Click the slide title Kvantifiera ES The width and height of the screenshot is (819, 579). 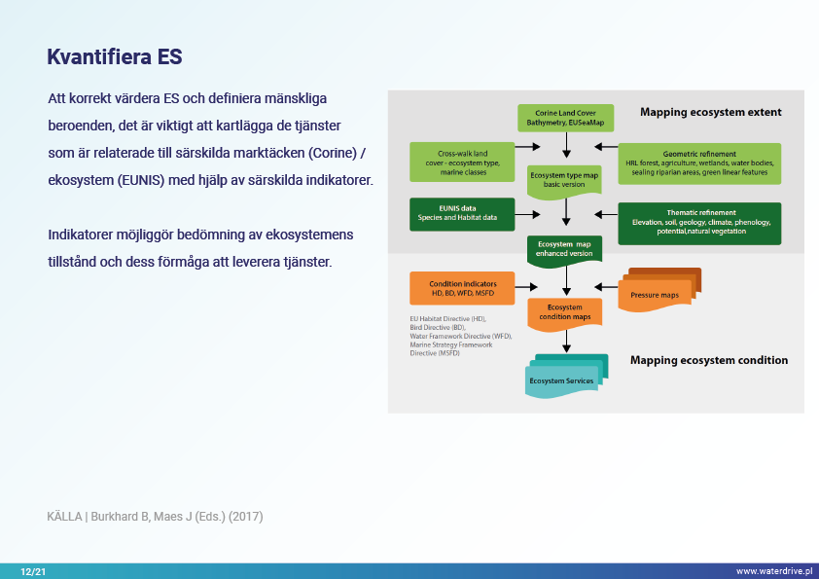tap(115, 57)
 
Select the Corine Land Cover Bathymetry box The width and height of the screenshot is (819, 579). tap(565, 118)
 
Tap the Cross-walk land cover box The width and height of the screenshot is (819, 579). tap(461, 162)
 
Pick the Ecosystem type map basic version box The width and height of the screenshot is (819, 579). tap(564, 179)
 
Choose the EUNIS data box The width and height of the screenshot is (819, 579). tap(461, 213)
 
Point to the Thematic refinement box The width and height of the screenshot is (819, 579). tap(700, 222)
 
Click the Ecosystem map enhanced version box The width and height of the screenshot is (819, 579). tap(564, 248)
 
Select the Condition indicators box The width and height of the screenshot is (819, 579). tap(461, 288)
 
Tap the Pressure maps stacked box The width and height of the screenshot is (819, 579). tap(659, 292)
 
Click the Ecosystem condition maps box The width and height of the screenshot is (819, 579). tap(565, 312)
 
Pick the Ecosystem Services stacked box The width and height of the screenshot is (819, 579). tap(566, 377)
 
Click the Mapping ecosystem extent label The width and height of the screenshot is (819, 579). tap(710, 113)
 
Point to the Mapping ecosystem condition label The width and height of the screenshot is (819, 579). tap(709, 360)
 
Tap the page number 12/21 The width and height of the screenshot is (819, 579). tap(33, 571)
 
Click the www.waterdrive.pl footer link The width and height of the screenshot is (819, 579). tap(773, 571)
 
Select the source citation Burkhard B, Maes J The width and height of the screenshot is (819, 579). tap(155, 516)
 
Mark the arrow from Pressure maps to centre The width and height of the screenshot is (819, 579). tap(605, 286)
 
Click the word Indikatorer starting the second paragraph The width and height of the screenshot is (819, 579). tap(83, 235)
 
